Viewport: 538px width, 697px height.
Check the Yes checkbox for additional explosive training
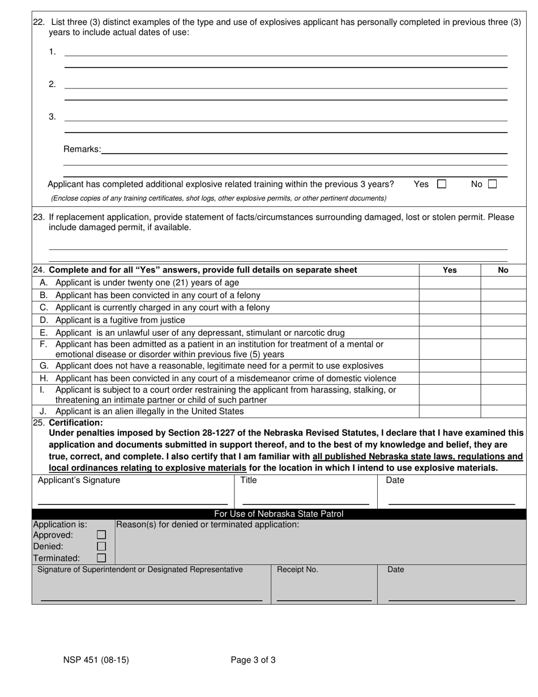442,184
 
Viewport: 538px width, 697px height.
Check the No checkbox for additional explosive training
492,184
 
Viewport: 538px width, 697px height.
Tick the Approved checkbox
101,535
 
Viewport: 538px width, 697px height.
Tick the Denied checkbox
101,546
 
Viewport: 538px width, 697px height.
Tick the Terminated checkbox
101,558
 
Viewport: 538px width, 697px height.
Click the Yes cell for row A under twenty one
450,282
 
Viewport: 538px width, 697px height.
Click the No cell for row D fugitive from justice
503,320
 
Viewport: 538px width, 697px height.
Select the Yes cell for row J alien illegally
450,411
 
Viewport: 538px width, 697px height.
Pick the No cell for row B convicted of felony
503,295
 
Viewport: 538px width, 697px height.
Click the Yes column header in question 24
450,270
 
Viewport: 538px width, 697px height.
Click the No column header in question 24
503,270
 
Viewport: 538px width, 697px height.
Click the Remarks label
82,150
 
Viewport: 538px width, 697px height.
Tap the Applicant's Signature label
79,481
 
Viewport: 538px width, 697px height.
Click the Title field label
249,481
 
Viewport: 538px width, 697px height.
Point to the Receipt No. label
297,569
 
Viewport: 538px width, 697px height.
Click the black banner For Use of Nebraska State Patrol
279,514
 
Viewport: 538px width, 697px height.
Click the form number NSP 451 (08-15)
96,660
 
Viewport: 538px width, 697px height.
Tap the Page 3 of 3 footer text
253,660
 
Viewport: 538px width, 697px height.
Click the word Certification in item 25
76,423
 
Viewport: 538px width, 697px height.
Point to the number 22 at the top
39,23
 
